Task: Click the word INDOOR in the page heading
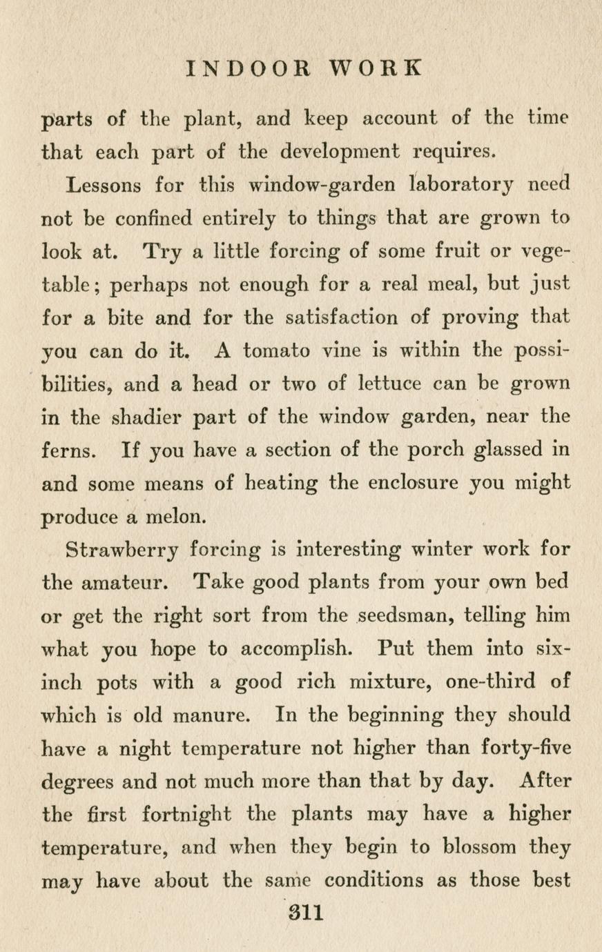(249, 68)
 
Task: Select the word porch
(418, 450)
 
